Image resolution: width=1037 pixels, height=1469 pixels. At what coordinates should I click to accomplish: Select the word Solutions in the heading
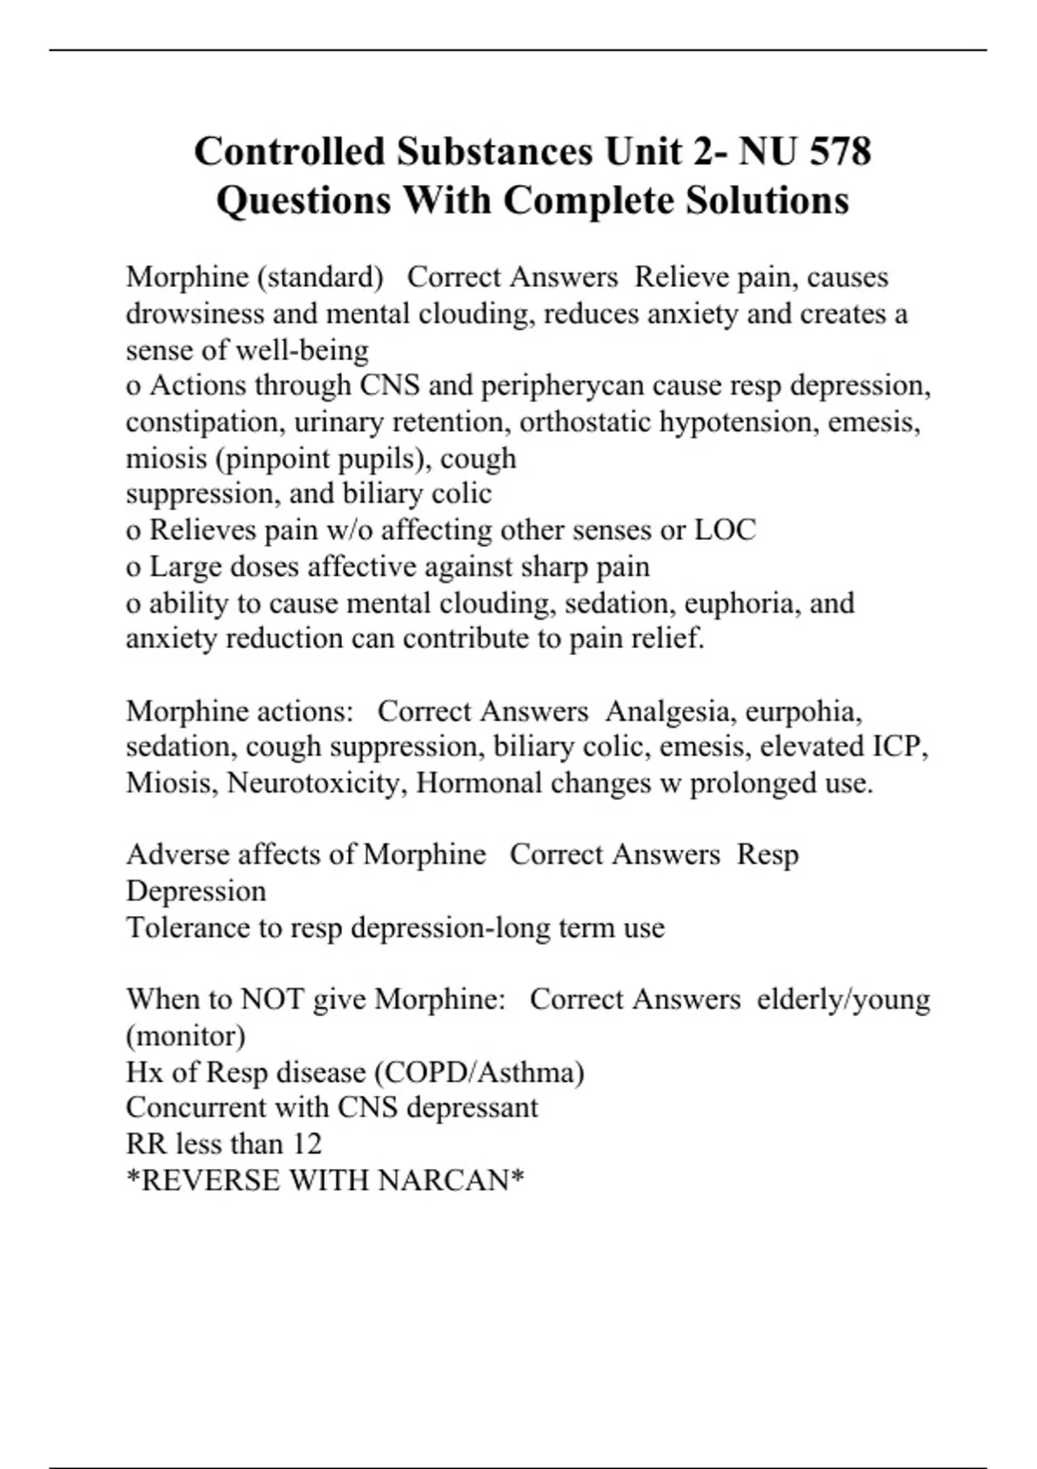(x=767, y=200)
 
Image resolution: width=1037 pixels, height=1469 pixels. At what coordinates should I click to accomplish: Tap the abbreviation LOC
(x=725, y=530)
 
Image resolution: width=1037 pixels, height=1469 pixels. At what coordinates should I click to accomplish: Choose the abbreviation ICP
(x=900, y=747)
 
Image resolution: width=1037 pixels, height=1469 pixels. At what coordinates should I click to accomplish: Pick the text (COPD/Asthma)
(x=479, y=1072)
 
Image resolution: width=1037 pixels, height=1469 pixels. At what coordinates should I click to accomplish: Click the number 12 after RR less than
(x=307, y=1144)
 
